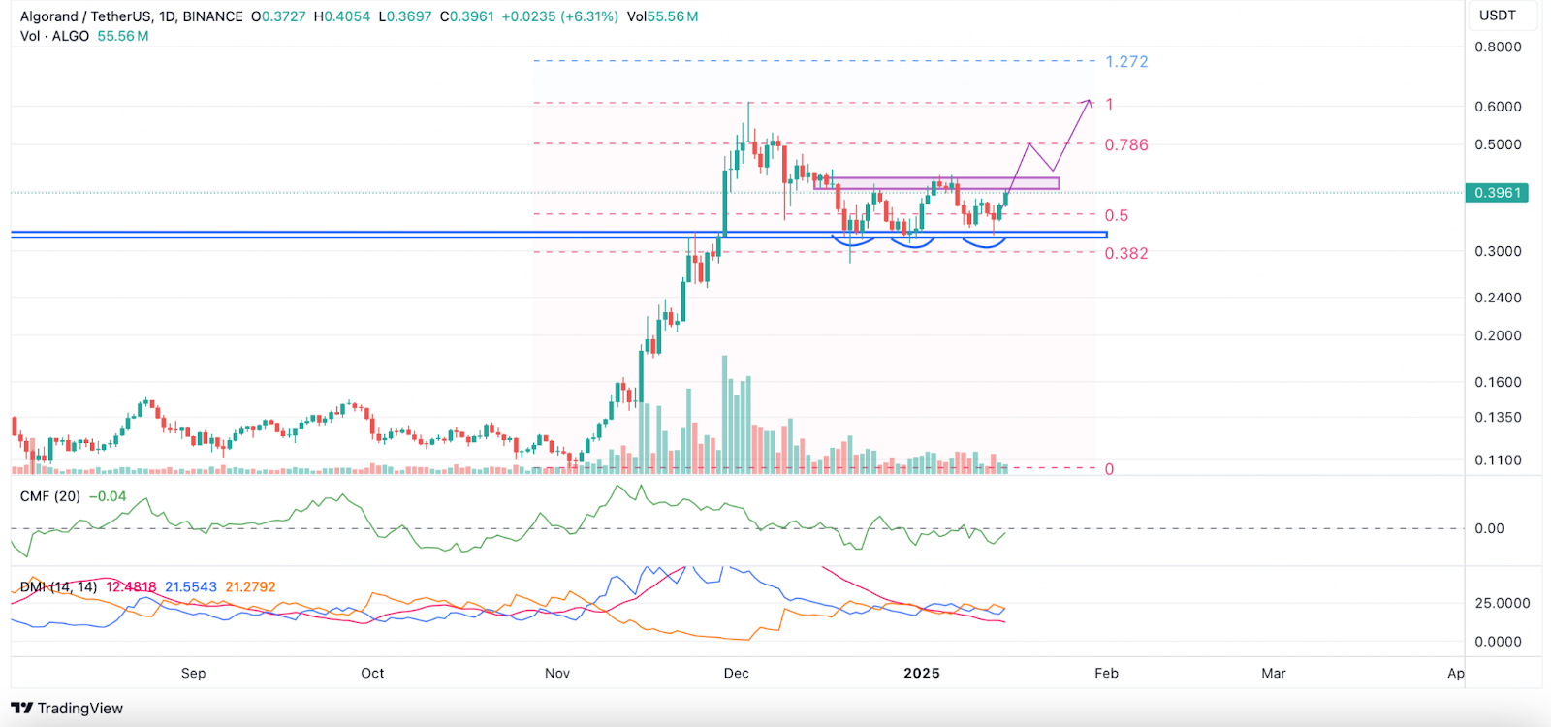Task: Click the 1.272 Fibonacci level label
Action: pyautogui.click(x=1126, y=62)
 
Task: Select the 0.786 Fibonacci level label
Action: pyautogui.click(x=1126, y=145)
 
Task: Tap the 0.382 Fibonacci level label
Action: pyautogui.click(x=1126, y=254)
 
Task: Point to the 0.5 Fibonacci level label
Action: pyautogui.click(x=1117, y=216)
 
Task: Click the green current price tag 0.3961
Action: pyautogui.click(x=1498, y=193)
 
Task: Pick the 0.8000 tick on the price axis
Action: pyautogui.click(x=1498, y=47)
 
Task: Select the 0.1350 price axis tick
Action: pyautogui.click(x=1498, y=418)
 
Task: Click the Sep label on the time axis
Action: pyautogui.click(x=193, y=673)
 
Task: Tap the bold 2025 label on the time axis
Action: pyautogui.click(x=921, y=673)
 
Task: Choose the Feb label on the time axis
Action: pyautogui.click(x=1106, y=673)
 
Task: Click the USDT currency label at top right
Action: pyautogui.click(x=1497, y=16)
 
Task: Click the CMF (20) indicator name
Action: pyautogui.click(x=50, y=496)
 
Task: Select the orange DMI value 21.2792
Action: pyautogui.click(x=250, y=587)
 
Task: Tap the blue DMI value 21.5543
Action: pyautogui.click(x=191, y=587)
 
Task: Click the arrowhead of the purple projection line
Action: pyautogui.click(x=1090, y=101)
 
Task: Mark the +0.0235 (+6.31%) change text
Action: pyautogui.click(x=559, y=16)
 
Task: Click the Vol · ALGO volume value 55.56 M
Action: pyautogui.click(x=123, y=36)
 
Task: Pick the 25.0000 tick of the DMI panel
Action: pyautogui.click(x=1502, y=603)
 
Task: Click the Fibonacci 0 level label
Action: pyautogui.click(x=1110, y=469)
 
